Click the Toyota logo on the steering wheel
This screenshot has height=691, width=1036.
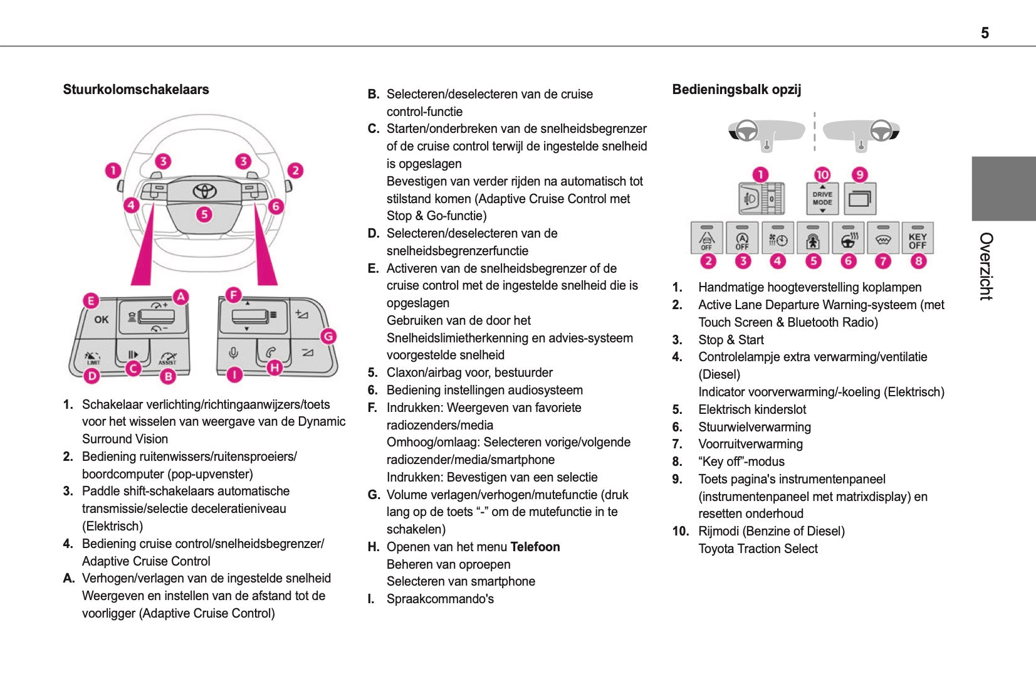click(x=204, y=191)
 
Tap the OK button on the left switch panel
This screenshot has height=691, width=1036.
click(x=102, y=319)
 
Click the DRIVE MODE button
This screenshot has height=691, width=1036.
click(x=822, y=199)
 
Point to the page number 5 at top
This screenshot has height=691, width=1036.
click(x=985, y=33)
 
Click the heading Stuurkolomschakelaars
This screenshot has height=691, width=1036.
click(x=136, y=90)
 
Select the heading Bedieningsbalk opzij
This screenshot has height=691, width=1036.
click(x=736, y=90)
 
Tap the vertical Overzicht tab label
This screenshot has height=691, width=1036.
click(x=986, y=266)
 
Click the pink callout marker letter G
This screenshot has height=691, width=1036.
click(x=328, y=336)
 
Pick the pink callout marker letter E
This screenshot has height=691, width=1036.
click(x=91, y=300)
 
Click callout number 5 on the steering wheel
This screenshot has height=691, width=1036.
click(x=204, y=214)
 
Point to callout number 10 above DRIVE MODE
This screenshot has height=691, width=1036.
click(x=822, y=175)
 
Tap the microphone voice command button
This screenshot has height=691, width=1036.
click(x=233, y=353)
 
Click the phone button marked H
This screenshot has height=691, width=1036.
click(x=271, y=352)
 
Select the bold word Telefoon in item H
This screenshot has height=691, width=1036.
click(x=535, y=547)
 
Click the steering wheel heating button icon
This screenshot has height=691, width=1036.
click(x=849, y=239)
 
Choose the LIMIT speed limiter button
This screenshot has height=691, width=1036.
click(x=93, y=357)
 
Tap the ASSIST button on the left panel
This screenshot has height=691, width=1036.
click(x=167, y=357)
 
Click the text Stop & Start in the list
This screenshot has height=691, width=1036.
click(x=731, y=340)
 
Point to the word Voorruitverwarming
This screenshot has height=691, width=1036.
click(x=750, y=444)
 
